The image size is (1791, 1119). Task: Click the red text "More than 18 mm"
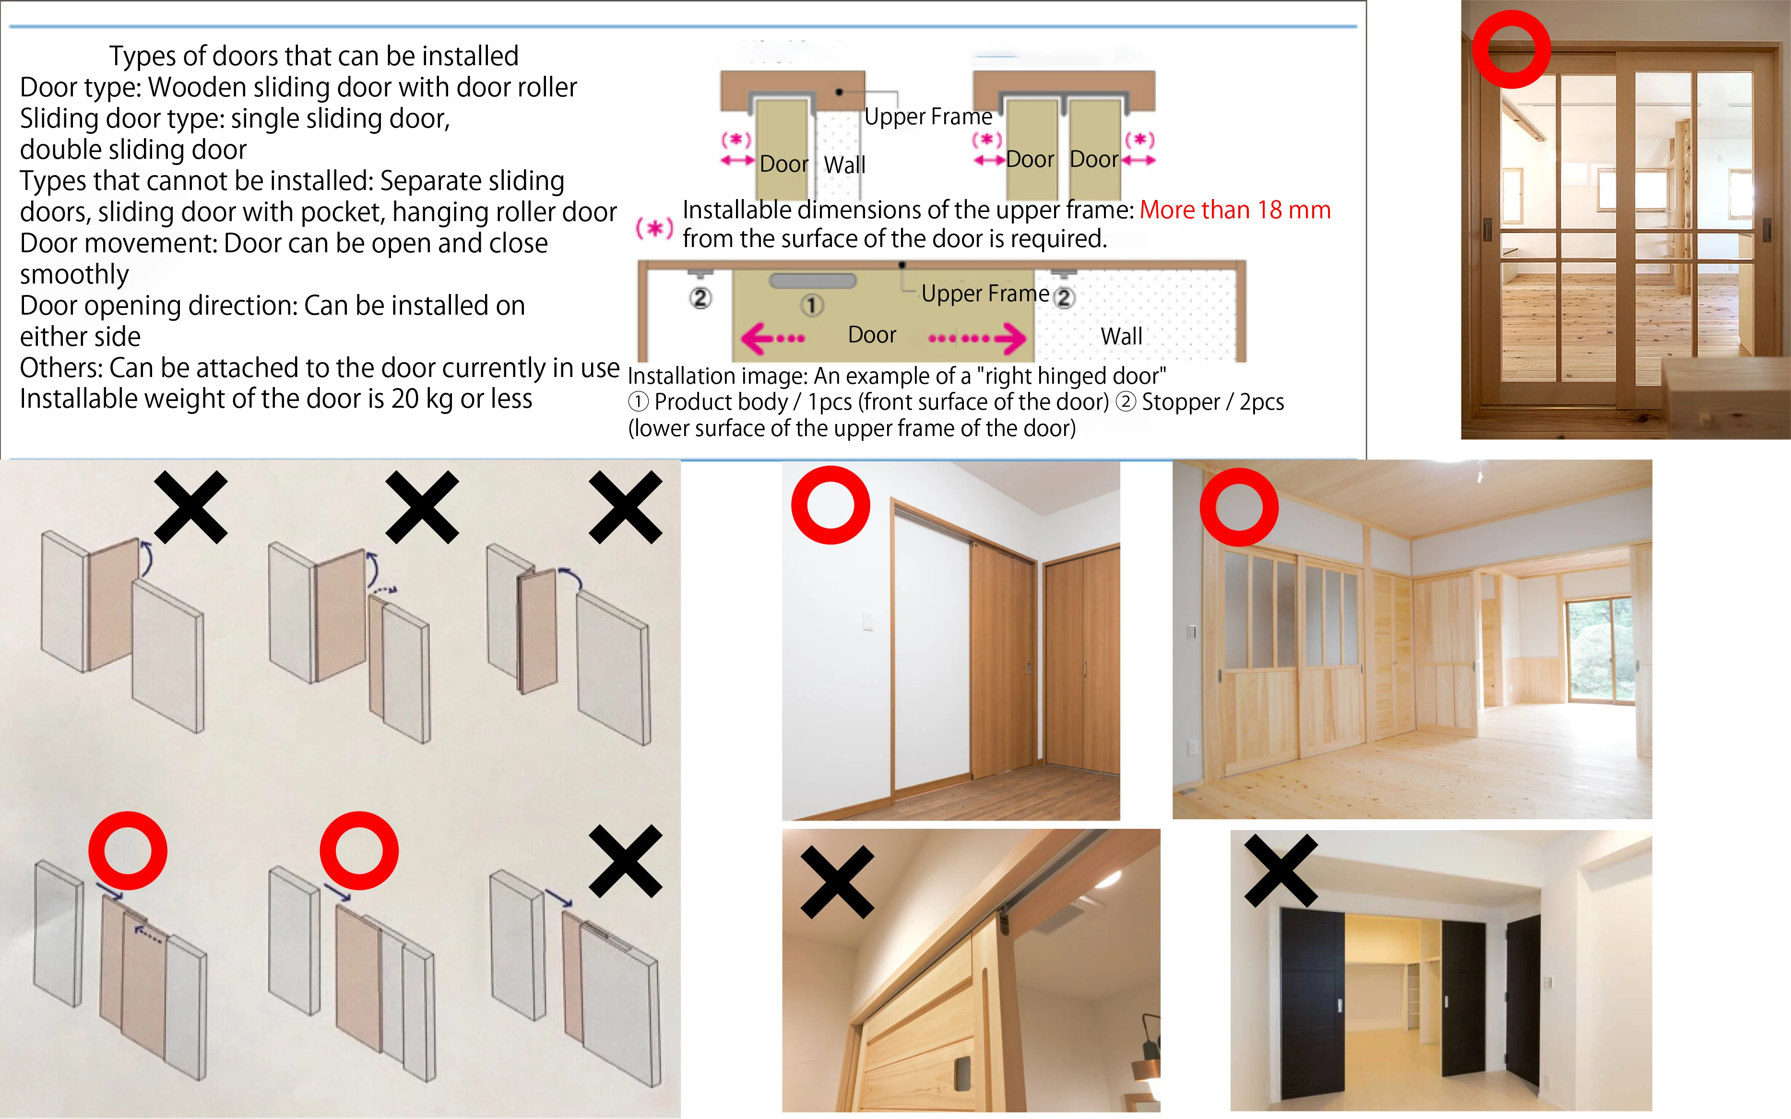1234,210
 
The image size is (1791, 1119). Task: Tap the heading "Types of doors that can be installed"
314,56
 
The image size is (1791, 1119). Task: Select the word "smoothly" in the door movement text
74,274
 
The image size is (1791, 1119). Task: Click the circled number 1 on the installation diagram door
811,305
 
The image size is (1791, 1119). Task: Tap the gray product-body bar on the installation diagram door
813,281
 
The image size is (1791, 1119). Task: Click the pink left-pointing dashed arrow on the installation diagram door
772,339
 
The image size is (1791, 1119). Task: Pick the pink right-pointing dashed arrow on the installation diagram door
977,339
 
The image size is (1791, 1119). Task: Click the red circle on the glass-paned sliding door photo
1510,49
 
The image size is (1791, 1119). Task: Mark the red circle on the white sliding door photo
830,506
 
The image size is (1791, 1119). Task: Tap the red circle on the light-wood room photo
1239,507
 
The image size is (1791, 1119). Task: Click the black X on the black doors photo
1281,871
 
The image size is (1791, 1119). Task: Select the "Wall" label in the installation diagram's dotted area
1121,337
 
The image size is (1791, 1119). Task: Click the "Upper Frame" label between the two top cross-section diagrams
928,117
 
